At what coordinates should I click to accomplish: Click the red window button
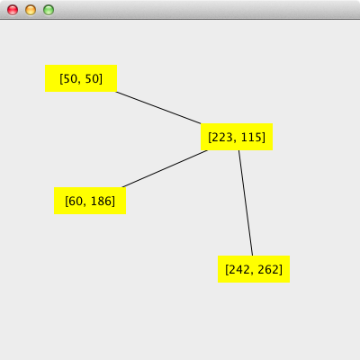coord(13,10)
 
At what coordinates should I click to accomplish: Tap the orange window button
coord(31,10)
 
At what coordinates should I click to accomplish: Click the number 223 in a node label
coord(221,137)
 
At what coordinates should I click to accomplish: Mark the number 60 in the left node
coord(75,201)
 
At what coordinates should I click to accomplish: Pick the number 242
coord(238,269)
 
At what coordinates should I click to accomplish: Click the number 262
coord(268,269)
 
